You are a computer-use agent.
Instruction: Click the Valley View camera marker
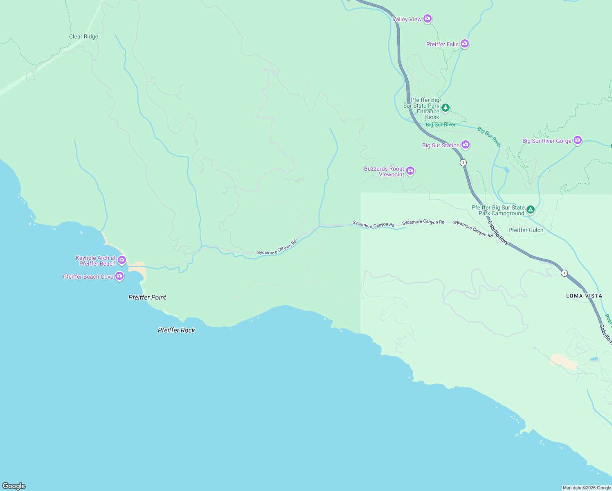pyautogui.click(x=427, y=19)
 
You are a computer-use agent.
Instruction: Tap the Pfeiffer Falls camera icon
pyautogui.click(x=464, y=43)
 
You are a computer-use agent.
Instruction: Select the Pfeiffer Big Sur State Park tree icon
pyautogui.click(x=445, y=108)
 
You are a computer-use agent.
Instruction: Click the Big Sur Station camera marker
pyautogui.click(x=465, y=144)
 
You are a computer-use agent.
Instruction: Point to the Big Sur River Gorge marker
pyautogui.click(x=577, y=140)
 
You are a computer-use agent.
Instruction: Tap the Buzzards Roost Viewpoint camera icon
pyautogui.click(x=410, y=171)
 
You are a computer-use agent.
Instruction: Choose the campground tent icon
pyautogui.click(x=530, y=210)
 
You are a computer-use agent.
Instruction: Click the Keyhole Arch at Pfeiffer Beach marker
pyautogui.click(x=122, y=260)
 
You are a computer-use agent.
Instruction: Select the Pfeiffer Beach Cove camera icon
pyautogui.click(x=119, y=276)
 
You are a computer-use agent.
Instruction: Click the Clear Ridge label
pyautogui.click(x=83, y=36)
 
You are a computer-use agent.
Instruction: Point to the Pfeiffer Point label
pyautogui.click(x=147, y=297)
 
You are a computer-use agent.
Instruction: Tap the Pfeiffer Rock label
pyautogui.click(x=176, y=330)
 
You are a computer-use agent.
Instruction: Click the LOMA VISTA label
pyautogui.click(x=584, y=296)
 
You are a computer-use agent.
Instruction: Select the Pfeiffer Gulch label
pyautogui.click(x=526, y=230)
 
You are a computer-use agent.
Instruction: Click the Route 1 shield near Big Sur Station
pyautogui.click(x=463, y=162)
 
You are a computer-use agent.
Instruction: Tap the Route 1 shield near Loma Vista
pyautogui.click(x=564, y=273)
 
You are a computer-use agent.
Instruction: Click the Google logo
pyautogui.click(x=14, y=486)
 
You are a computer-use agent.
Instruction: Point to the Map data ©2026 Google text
pyautogui.click(x=587, y=488)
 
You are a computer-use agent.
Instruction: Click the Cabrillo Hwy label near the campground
pyautogui.click(x=498, y=233)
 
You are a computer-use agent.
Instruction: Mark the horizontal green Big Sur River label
pyautogui.click(x=440, y=124)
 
